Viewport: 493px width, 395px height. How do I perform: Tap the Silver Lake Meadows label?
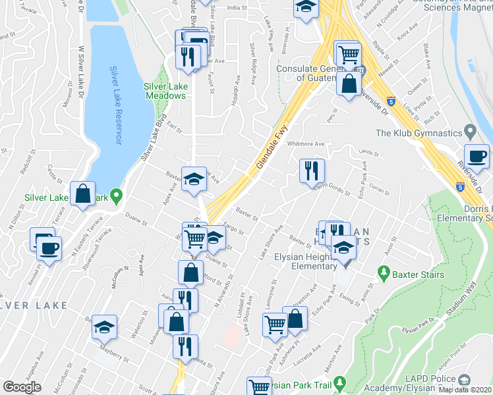(165, 91)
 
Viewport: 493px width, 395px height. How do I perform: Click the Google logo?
(22, 386)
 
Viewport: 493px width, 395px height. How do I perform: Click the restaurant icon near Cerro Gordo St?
(311, 171)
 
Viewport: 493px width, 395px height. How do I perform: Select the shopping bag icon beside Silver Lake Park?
(82, 194)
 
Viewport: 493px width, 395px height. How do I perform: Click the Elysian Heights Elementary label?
(310, 262)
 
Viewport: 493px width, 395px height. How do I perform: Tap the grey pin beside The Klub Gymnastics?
(469, 130)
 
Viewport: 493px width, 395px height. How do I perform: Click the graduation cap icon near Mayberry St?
(104, 327)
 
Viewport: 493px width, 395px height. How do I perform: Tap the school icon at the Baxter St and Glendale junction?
(194, 180)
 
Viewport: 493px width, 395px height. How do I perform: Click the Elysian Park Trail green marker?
(339, 382)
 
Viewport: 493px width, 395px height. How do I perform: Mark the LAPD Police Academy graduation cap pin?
(464, 380)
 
